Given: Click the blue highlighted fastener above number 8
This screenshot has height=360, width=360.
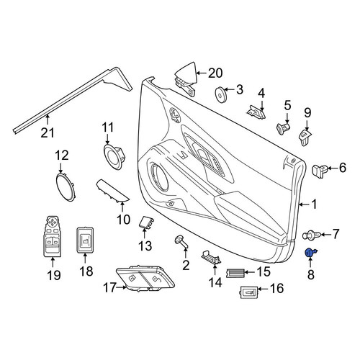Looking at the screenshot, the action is click(x=310, y=253).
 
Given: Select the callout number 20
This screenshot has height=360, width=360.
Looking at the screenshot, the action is click(x=215, y=73).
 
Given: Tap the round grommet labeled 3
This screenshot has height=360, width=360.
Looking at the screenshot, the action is click(x=220, y=94).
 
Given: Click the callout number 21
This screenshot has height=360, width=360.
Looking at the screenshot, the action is click(x=48, y=132).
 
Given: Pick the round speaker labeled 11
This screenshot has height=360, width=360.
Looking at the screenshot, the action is click(x=114, y=157).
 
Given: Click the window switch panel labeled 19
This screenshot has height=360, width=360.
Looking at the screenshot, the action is click(x=53, y=235).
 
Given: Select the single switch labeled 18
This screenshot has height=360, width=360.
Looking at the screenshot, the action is click(x=85, y=240).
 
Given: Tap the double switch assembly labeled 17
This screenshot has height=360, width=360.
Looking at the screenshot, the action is click(x=145, y=279).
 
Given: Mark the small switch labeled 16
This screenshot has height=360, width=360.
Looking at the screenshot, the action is click(x=249, y=292).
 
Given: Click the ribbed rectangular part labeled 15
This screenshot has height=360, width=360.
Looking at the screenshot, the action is click(x=236, y=272).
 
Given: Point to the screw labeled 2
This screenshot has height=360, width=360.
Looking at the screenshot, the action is click(x=181, y=242).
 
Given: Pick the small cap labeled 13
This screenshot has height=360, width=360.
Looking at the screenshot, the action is click(x=146, y=222).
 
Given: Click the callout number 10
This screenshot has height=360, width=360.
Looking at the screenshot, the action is click(x=124, y=220).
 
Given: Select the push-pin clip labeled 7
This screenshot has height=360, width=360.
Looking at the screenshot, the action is click(x=312, y=235).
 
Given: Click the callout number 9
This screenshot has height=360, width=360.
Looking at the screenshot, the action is click(x=307, y=112).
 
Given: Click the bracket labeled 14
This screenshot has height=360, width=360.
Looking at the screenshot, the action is click(x=211, y=257).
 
